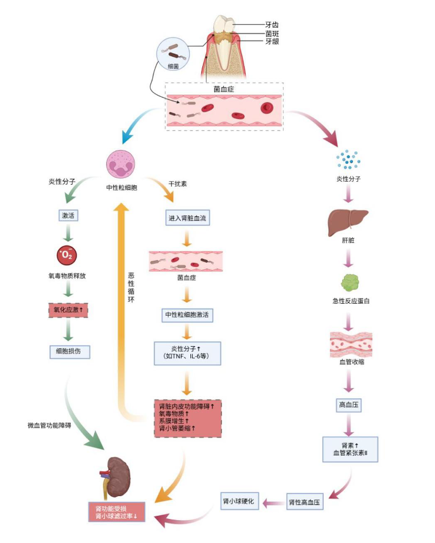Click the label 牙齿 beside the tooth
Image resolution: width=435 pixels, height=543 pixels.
point(271,25)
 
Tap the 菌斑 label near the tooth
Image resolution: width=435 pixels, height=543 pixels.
point(271,33)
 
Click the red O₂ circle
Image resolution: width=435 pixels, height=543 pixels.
point(67,255)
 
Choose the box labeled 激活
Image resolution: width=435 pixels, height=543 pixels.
point(68,216)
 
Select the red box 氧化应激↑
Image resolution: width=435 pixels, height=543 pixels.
point(67,310)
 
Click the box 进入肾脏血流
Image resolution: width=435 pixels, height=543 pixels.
point(187,218)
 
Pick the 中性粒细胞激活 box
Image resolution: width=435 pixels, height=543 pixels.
point(187,315)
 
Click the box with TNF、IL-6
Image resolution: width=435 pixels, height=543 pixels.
point(187,353)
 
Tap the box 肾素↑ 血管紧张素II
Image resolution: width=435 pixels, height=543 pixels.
point(350,450)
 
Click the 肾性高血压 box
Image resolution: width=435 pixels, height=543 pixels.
point(305,503)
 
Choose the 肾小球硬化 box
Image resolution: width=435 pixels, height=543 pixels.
point(240,501)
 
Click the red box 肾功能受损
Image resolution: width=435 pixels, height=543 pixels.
point(116,512)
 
